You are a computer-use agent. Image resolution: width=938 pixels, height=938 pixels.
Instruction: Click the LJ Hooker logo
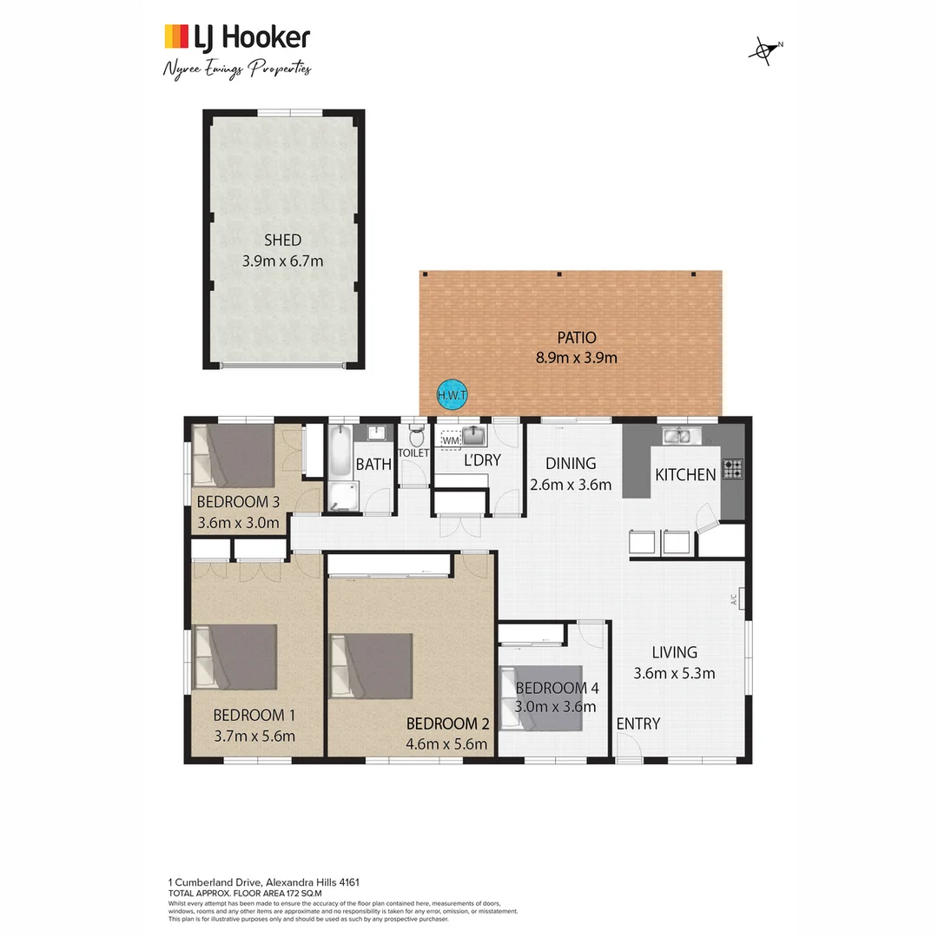[236, 37]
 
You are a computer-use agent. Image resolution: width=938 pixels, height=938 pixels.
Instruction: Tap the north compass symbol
[763, 50]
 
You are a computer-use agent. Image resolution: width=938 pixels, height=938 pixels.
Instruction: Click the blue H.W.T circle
[452, 395]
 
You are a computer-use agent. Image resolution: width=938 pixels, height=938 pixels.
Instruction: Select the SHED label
[282, 241]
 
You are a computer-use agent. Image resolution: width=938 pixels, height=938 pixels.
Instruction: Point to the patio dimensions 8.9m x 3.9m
[571, 357]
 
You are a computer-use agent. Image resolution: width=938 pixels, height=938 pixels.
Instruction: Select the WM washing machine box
[450, 440]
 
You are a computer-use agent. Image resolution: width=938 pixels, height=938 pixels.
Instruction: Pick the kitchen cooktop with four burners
[732, 469]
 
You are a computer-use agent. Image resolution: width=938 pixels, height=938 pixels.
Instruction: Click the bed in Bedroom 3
[233, 455]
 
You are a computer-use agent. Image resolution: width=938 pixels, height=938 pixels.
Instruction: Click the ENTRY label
[638, 723]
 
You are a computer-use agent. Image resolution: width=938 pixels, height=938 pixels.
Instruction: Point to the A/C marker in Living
[734, 598]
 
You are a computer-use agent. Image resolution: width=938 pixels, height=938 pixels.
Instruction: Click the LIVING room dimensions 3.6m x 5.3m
[674, 672]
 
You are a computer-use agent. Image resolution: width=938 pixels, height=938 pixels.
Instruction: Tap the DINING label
[571, 463]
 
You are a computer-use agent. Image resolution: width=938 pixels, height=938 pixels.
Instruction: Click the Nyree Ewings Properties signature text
[236, 69]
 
